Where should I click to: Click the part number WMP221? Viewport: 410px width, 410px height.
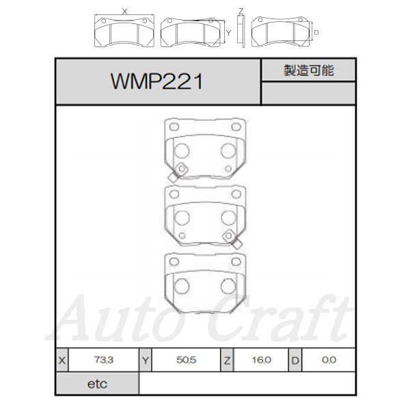156,81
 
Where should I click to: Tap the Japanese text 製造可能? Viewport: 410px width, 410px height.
309,70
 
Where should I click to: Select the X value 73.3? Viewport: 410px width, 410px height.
104,360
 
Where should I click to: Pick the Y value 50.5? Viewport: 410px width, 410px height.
186,360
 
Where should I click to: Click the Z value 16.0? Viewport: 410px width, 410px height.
261,360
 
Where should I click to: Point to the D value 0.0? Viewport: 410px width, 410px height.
329,360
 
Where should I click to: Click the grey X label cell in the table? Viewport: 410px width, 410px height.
62,360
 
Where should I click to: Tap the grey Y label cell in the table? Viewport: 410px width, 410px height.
146,360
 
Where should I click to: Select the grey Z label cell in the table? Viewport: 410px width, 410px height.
227,360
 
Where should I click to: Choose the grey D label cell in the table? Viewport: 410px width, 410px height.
295,360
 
